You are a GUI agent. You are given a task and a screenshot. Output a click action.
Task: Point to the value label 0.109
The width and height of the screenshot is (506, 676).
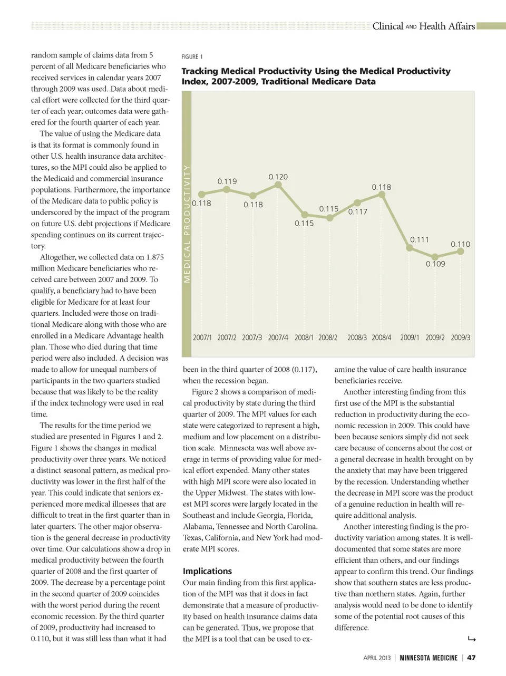click(x=435, y=264)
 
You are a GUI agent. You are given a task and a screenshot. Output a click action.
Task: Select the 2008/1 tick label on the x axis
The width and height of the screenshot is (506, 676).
click(x=304, y=337)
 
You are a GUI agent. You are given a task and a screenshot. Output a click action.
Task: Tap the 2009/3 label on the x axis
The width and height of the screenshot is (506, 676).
click(x=460, y=337)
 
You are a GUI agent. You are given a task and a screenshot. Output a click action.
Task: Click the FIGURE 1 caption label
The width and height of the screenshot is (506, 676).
click(x=192, y=57)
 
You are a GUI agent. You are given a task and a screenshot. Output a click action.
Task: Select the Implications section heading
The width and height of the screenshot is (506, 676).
click(x=207, y=571)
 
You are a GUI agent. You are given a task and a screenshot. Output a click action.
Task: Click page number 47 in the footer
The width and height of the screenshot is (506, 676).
click(x=471, y=658)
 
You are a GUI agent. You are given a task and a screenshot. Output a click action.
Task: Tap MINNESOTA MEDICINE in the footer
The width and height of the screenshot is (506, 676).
click(x=428, y=658)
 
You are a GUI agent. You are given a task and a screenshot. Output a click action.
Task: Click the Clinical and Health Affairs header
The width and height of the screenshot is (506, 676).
click(x=423, y=26)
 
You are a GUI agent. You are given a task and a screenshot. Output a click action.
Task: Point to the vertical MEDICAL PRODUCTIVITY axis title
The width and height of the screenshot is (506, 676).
click(x=187, y=224)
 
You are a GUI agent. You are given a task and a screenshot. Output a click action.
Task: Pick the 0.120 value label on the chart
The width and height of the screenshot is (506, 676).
click(x=278, y=177)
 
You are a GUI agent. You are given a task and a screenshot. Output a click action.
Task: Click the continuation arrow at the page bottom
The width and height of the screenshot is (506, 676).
click(x=472, y=640)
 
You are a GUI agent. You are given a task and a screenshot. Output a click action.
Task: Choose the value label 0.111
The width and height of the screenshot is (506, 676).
click(x=420, y=239)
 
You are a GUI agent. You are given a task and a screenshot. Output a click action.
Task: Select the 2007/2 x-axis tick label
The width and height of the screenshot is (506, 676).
click(x=227, y=337)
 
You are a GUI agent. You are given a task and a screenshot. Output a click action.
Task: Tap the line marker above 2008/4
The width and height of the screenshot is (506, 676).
click(x=382, y=195)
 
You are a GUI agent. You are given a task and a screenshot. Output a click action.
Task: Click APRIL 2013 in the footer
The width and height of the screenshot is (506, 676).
click(x=377, y=658)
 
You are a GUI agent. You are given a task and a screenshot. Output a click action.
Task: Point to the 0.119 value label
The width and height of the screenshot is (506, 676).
click(x=227, y=181)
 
